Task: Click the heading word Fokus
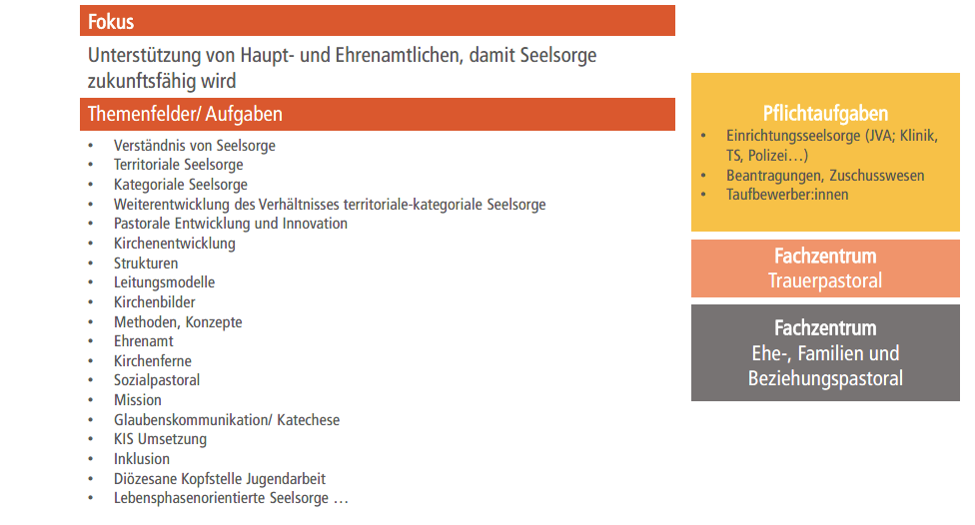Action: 111,22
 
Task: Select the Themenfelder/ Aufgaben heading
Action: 185,115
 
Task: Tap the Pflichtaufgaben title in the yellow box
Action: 825,114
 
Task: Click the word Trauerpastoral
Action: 825,280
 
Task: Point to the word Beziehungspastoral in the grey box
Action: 825,378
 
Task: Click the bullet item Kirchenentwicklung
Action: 175,244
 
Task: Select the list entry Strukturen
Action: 146,263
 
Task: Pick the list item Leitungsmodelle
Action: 164,282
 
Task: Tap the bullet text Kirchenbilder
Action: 154,302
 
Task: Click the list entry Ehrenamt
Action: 144,341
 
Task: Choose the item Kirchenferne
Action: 152,361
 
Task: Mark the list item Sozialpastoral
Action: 157,380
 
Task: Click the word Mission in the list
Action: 138,400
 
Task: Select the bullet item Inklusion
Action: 142,459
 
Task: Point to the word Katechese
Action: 309,420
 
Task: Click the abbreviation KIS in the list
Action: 123,439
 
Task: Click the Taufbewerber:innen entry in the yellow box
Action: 787,195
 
